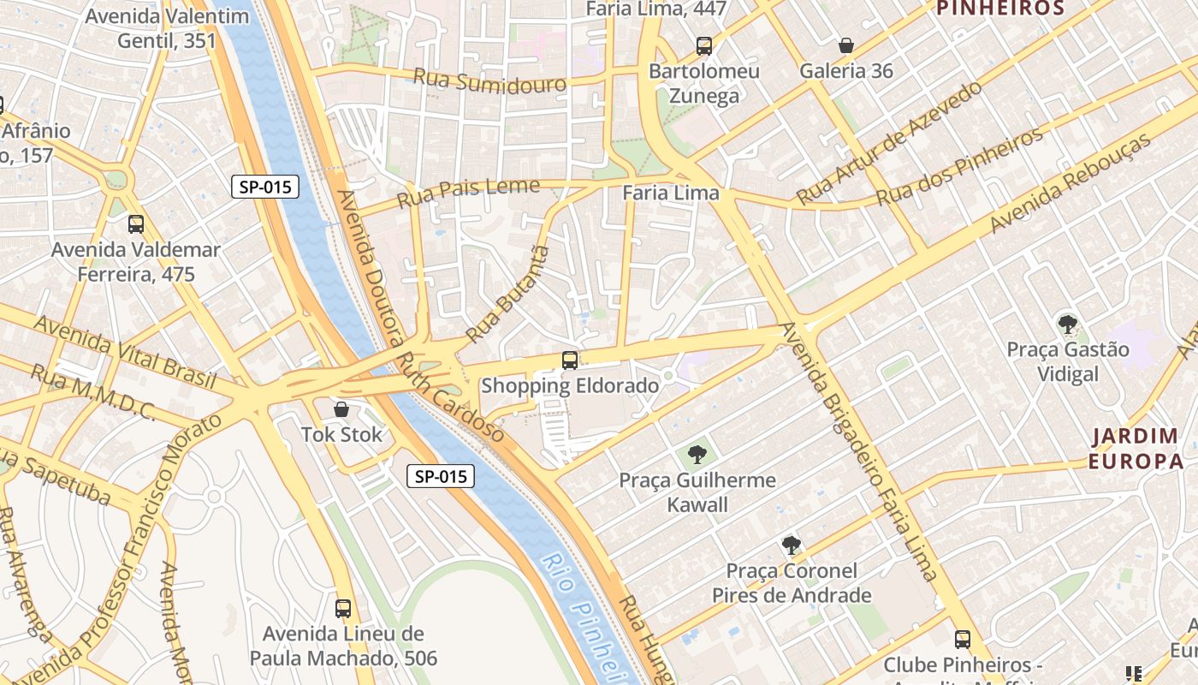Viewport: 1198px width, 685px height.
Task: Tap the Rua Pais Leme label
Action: (x=468, y=193)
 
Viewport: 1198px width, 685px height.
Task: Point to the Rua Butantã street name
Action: (x=505, y=294)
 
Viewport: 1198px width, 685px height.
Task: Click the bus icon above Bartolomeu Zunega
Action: (x=704, y=45)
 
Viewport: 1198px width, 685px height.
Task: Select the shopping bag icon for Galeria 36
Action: (x=846, y=45)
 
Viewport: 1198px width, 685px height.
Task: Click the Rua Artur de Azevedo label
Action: (x=889, y=142)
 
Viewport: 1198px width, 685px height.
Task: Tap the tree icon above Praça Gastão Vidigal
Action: (x=1067, y=324)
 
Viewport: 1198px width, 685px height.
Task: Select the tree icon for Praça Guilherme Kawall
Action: (x=697, y=454)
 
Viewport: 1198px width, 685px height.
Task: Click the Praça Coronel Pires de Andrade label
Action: (x=792, y=583)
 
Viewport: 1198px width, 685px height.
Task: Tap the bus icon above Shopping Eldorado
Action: (x=570, y=360)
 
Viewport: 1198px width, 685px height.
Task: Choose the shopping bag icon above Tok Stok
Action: (x=341, y=409)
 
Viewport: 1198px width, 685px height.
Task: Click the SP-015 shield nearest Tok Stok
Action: (x=440, y=477)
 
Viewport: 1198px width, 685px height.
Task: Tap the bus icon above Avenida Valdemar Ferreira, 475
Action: (x=136, y=224)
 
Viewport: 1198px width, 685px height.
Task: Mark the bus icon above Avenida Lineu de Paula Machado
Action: (x=343, y=608)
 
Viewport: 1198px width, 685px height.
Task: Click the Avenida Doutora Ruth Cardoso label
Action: (x=419, y=317)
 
